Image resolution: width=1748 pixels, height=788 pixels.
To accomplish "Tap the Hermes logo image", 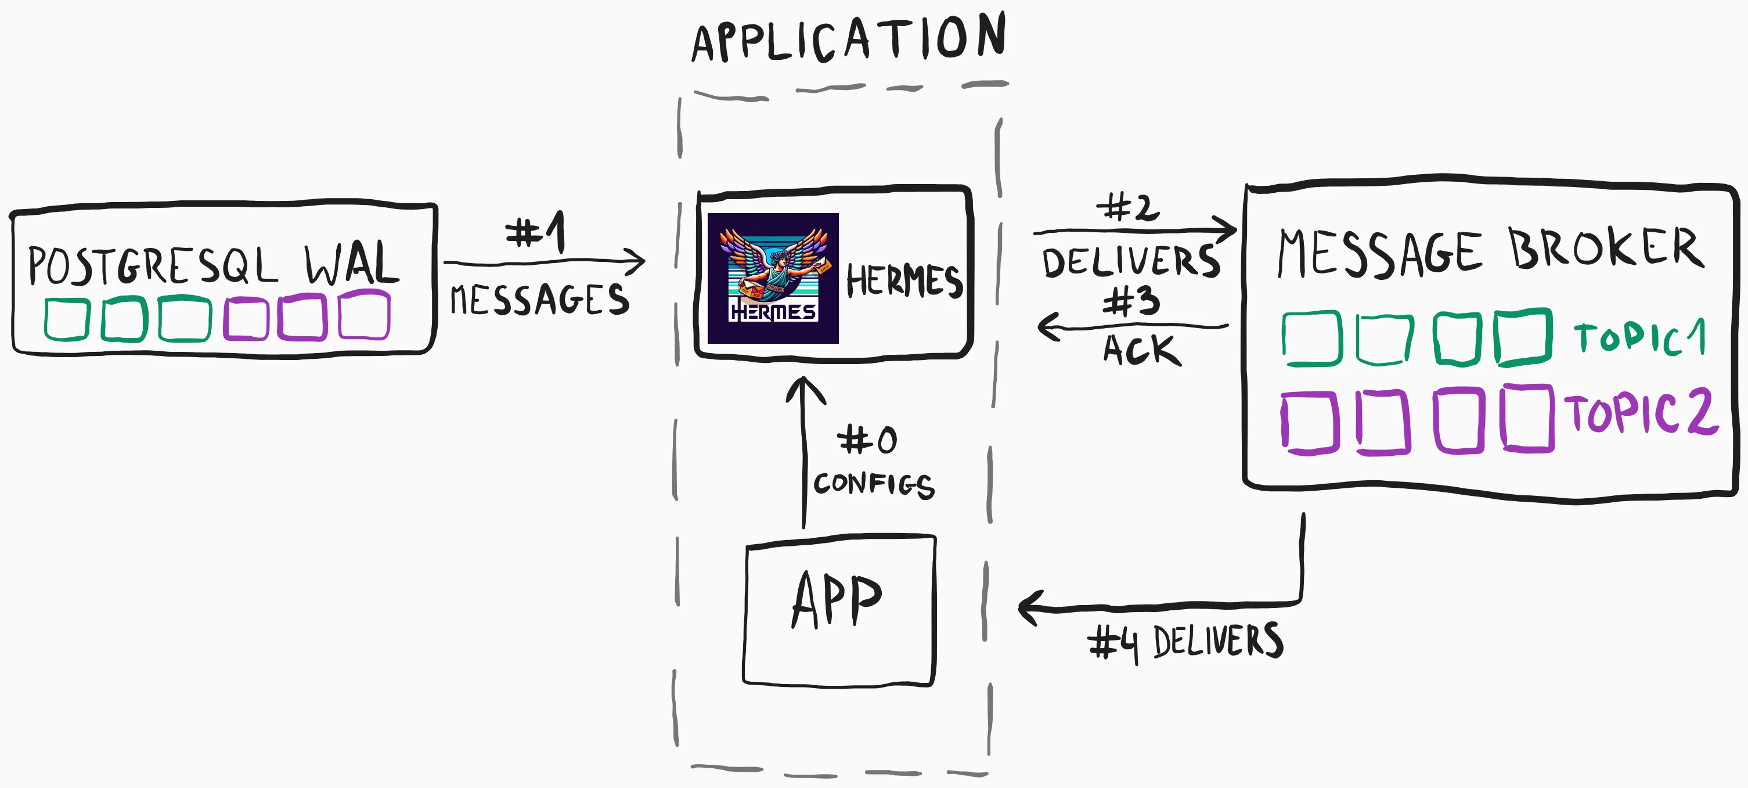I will (773, 278).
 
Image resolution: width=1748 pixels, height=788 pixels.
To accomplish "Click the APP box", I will (839, 610).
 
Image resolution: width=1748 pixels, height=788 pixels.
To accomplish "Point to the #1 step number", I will (535, 232).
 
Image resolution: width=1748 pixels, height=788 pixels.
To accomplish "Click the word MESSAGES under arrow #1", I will (539, 300).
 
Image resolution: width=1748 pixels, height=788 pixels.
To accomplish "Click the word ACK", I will (1141, 350).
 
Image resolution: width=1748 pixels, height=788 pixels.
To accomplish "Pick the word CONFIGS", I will (873, 484).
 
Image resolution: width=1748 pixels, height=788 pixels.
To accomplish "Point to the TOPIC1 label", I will (1639, 338).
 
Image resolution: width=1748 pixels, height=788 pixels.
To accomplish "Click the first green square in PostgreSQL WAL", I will (67, 319).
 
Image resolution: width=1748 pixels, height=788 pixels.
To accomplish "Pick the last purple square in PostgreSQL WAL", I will (365, 315).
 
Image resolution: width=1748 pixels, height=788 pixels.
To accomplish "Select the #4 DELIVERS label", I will (1185, 642).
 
